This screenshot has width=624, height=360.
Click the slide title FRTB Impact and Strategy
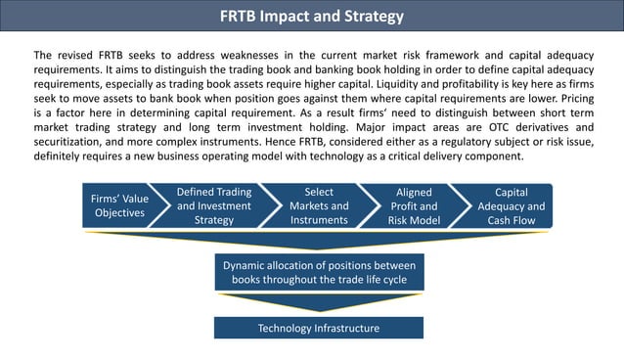(x=311, y=17)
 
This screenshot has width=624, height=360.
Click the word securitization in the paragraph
(x=74, y=142)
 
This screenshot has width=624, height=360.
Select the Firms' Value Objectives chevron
(x=120, y=206)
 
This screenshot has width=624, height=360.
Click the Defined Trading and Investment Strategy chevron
(x=214, y=206)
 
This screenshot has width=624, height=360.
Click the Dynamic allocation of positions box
(x=319, y=273)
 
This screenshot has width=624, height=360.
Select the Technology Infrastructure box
(x=319, y=328)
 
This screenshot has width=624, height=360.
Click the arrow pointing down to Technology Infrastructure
(x=319, y=303)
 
